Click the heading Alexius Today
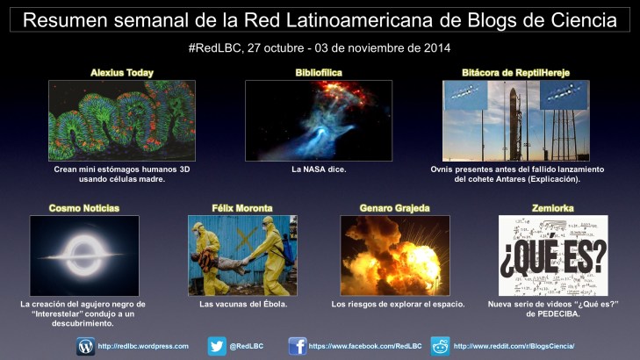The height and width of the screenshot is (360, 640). click(x=122, y=72)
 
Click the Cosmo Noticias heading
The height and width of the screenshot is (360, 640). click(x=83, y=208)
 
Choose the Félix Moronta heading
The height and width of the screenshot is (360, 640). click(x=242, y=208)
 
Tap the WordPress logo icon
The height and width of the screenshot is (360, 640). click(x=86, y=346)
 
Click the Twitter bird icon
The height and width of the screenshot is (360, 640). click(x=217, y=346)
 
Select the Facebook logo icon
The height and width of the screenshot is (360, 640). click(x=298, y=346)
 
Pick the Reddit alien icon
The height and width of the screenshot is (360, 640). click(x=440, y=346)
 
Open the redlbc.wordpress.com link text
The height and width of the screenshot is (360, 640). click(x=143, y=347)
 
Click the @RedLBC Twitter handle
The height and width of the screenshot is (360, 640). click(x=246, y=347)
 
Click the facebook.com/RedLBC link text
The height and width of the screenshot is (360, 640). click(x=361, y=347)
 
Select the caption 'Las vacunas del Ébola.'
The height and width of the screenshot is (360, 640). click(x=242, y=304)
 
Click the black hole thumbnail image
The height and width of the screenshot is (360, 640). click(x=83, y=255)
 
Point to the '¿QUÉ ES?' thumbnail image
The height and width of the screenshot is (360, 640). click(x=553, y=255)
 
